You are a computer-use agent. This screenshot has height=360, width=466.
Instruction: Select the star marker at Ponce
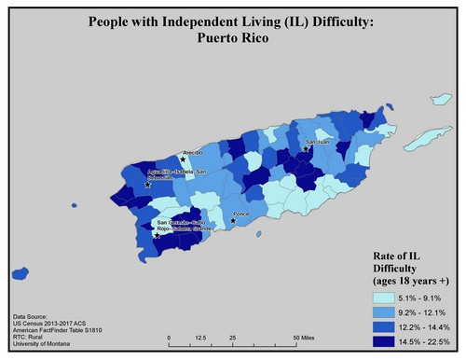(233, 221)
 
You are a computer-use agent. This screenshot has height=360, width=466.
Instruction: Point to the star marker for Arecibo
(183, 159)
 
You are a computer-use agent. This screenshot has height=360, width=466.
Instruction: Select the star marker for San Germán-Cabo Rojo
(158, 235)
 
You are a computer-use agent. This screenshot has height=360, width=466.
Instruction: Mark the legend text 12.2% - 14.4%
(425, 326)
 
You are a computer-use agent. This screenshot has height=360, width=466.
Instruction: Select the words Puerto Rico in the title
(233, 40)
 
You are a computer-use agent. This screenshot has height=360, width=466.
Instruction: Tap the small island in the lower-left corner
(20, 273)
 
